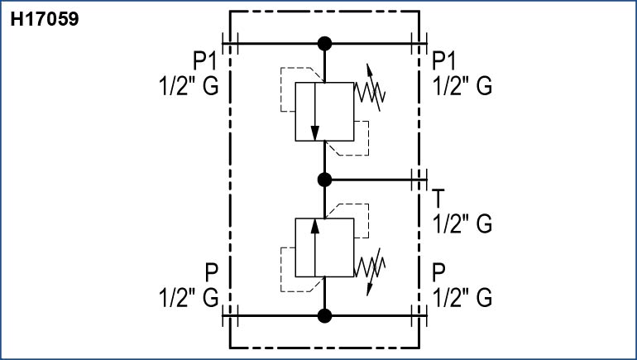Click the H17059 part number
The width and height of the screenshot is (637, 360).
pos(45,19)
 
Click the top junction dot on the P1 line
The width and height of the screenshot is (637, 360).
pos(324,43)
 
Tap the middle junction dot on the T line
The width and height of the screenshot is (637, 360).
pos(324,179)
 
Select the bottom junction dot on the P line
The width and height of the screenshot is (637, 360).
pos(324,314)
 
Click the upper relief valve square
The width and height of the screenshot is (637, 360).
pos(324,111)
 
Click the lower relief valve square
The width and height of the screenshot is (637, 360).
pos(324,247)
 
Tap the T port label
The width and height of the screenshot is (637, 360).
pos(438,199)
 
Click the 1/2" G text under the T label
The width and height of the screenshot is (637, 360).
pos(462,223)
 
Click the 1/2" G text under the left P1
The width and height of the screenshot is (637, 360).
pos(188,86)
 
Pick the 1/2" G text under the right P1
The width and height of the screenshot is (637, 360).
pos(462,86)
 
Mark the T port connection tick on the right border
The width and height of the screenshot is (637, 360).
pos(418,179)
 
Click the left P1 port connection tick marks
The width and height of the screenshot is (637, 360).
pos(230,43)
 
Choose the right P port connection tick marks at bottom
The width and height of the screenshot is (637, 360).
pos(418,314)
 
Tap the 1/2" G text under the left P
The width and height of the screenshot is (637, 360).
pos(188,297)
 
